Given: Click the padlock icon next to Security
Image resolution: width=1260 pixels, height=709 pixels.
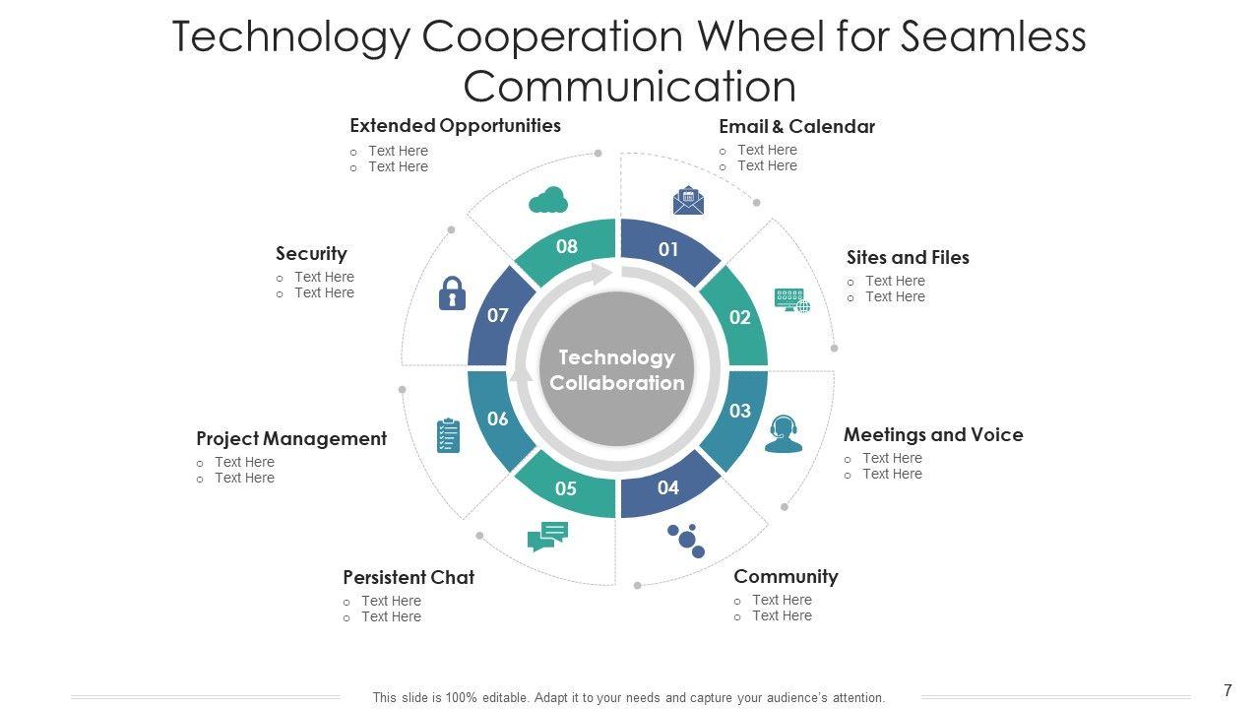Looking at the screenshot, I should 452,293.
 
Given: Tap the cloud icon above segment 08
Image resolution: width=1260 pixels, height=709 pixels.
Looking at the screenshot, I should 548,200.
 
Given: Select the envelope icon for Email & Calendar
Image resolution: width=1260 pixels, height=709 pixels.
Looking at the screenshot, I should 688,201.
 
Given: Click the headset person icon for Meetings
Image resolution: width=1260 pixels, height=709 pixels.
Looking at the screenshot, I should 784,433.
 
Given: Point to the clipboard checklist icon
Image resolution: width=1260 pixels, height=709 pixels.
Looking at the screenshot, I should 448,435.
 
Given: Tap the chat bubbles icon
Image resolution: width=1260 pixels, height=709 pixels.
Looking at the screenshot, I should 548,536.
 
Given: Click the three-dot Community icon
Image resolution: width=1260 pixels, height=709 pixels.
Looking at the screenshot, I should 686,540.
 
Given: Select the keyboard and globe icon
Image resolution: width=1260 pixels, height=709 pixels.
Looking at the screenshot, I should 792,300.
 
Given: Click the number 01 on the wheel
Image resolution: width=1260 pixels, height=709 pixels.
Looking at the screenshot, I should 668,249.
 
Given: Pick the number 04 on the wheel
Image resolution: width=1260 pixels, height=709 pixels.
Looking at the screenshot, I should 668,487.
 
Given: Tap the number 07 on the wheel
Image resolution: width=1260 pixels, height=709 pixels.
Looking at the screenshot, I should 498,315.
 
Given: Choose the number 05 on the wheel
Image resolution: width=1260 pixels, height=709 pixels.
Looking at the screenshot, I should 566,488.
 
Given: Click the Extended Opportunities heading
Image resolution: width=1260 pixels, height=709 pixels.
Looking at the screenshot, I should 455,125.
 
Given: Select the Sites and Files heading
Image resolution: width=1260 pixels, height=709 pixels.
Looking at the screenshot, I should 908,257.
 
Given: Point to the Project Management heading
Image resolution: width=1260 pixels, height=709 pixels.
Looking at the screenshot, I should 291,438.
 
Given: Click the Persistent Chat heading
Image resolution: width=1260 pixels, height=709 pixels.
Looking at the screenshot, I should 409,577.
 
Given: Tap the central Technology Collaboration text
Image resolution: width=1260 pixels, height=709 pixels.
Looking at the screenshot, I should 617,370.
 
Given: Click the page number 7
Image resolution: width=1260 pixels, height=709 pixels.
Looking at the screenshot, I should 1228,691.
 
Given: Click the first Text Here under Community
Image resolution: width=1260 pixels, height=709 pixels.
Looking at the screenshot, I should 782,600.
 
